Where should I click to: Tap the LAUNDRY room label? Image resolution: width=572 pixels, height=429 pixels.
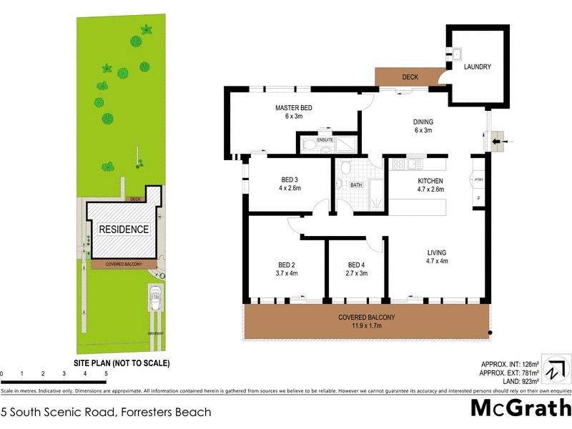coord(477,67)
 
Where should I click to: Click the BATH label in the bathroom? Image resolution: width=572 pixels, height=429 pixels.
coord(356,185)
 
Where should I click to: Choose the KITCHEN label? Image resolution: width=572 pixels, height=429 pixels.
coord(430,181)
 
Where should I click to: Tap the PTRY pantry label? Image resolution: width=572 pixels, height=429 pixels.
coord(478,179)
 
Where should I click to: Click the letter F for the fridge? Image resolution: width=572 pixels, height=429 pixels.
coord(478,197)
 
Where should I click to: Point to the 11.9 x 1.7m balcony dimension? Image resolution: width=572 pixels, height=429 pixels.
coord(366,326)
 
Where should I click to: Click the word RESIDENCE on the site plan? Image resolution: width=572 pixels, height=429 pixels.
coord(124,230)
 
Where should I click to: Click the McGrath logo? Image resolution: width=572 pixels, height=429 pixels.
coord(521,409)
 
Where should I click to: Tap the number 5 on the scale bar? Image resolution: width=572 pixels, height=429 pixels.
coord(106,374)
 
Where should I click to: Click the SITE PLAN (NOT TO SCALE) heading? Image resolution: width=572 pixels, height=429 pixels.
coord(122,363)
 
